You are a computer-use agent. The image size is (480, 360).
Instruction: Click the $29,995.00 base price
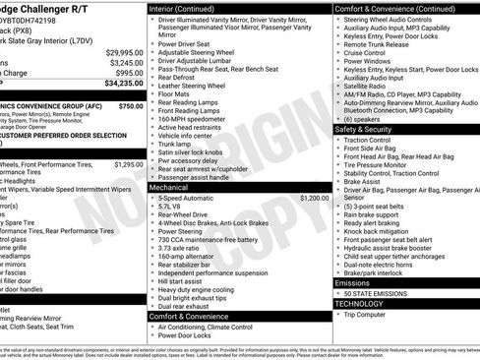point(124,51)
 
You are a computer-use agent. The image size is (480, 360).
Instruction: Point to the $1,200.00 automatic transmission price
point(315,198)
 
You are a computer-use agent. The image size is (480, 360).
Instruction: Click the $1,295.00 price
point(129,164)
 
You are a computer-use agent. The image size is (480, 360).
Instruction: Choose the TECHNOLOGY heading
point(360,304)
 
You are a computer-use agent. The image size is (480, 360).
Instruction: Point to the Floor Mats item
point(176,95)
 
